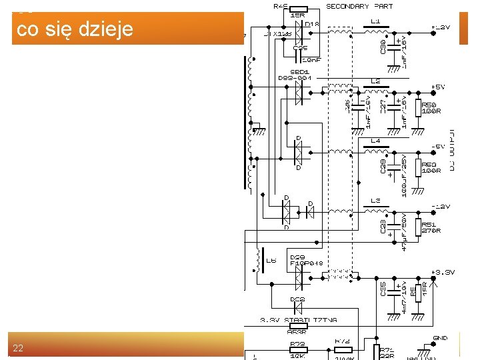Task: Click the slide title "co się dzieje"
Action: click(x=75, y=30)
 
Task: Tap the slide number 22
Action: click(x=18, y=348)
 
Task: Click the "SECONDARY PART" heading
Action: click(x=359, y=6)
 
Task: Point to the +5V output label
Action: click(x=437, y=87)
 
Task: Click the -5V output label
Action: click(x=437, y=146)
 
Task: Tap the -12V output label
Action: click(x=440, y=206)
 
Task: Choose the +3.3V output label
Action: click(x=443, y=273)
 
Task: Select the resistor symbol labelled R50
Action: click(x=418, y=108)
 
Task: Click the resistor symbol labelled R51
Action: click(x=418, y=227)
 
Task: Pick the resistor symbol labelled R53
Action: click(x=418, y=167)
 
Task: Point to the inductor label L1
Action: click(x=375, y=21)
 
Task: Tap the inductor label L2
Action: click(x=375, y=81)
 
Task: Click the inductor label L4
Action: click(x=375, y=141)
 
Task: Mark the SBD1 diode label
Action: click(x=299, y=71)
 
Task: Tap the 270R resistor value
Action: click(x=431, y=231)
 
